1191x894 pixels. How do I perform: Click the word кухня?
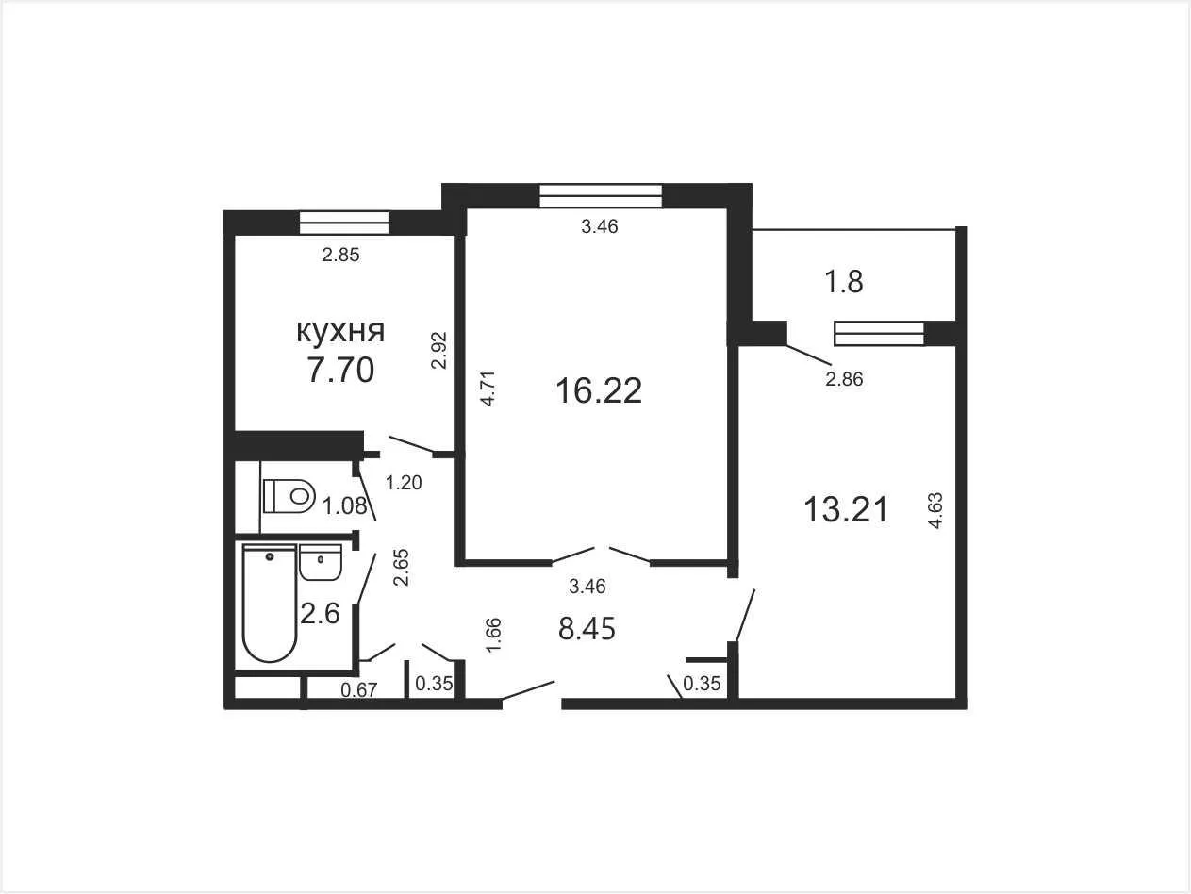(x=340, y=331)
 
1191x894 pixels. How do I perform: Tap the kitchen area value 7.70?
(x=340, y=370)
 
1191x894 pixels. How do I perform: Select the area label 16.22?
(x=599, y=390)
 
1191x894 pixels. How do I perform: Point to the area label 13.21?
(x=846, y=510)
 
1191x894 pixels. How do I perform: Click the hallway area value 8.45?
(x=587, y=629)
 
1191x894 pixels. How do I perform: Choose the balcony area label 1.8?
(x=844, y=282)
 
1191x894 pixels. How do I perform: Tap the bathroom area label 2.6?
(x=320, y=614)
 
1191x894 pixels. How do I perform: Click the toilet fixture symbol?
(x=289, y=495)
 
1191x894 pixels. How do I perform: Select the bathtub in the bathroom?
(x=270, y=603)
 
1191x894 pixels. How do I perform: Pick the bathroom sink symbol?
(x=320, y=563)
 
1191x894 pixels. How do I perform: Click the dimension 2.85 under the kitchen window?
(x=340, y=255)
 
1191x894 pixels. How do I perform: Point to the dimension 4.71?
(x=488, y=389)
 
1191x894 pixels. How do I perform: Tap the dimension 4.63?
(x=935, y=510)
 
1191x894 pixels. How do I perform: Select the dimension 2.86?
(x=844, y=379)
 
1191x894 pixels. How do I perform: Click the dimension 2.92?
(x=438, y=351)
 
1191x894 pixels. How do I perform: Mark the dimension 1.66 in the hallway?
(x=493, y=636)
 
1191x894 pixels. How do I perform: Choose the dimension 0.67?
(x=358, y=690)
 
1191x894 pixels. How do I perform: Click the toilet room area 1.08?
(x=344, y=506)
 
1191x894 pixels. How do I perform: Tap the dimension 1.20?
(x=404, y=482)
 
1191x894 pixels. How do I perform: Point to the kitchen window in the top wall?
(x=344, y=223)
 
